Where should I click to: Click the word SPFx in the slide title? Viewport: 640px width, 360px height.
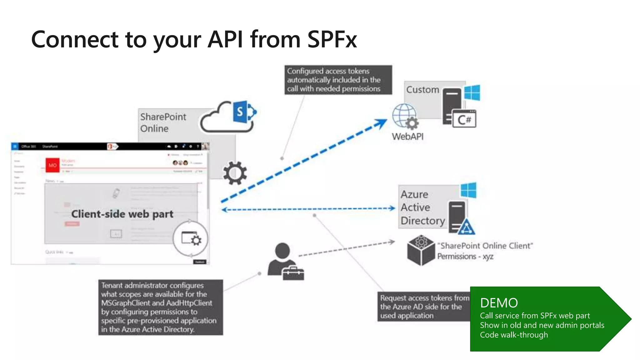[332, 39]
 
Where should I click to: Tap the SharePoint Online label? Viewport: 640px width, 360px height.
[163, 122]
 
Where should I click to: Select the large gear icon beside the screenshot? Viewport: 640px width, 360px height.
[235, 173]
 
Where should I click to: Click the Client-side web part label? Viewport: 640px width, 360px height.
[122, 214]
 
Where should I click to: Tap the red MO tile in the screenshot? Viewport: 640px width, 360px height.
[52, 165]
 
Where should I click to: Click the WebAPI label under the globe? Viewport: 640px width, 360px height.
[407, 137]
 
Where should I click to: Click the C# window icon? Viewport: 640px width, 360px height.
[464, 119]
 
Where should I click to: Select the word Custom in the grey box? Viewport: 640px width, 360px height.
[422, 90]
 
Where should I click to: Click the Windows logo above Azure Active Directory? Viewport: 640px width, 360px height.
[468, 190]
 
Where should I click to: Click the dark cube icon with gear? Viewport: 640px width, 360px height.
[421, 251]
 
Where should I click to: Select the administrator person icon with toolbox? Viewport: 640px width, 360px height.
[285, 261]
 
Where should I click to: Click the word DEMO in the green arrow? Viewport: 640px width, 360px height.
[499, 303]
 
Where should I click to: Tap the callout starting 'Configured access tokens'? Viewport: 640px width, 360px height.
[338, 80]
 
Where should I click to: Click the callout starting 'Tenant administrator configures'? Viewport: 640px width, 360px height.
[160, 307]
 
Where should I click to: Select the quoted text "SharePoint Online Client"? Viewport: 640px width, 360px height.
[485, 246]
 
